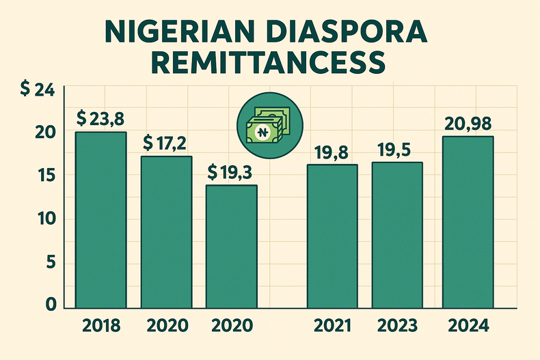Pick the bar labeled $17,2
(x=167, y=232)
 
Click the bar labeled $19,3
(x=232, y=247)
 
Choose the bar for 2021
(x=332, y=236)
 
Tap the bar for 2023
(x=397, y=235)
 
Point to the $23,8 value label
(x=100, y=118)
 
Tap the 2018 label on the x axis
(x=100, y=327)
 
